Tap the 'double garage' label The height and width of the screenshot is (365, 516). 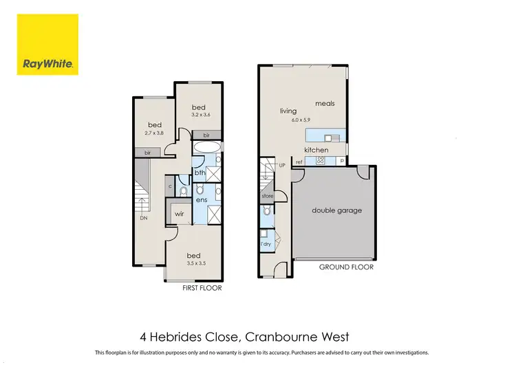[x=336, y=210]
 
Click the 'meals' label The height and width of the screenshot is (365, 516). [x=325, y=104]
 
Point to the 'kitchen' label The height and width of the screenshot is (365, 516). [x=316, y=150]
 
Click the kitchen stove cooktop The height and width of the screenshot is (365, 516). [x=320, y=162]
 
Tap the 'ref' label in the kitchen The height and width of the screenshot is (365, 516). [x=299, y=162]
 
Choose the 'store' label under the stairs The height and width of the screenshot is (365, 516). [x=267, y=196]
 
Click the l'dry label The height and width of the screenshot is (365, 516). [x=266, y=244]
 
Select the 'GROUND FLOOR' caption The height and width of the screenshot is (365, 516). [x=346, y=267]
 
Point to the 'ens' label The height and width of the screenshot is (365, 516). [x=202, y=199]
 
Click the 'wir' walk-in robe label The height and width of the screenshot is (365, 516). [x=179, y=214]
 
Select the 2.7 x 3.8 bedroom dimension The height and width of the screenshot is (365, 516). [x=155, y=133]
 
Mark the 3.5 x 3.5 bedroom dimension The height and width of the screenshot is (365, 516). [x=197, y=263]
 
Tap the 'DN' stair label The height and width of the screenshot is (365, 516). [x=144, y=218]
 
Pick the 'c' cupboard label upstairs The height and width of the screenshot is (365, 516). [x=169, y=186]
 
